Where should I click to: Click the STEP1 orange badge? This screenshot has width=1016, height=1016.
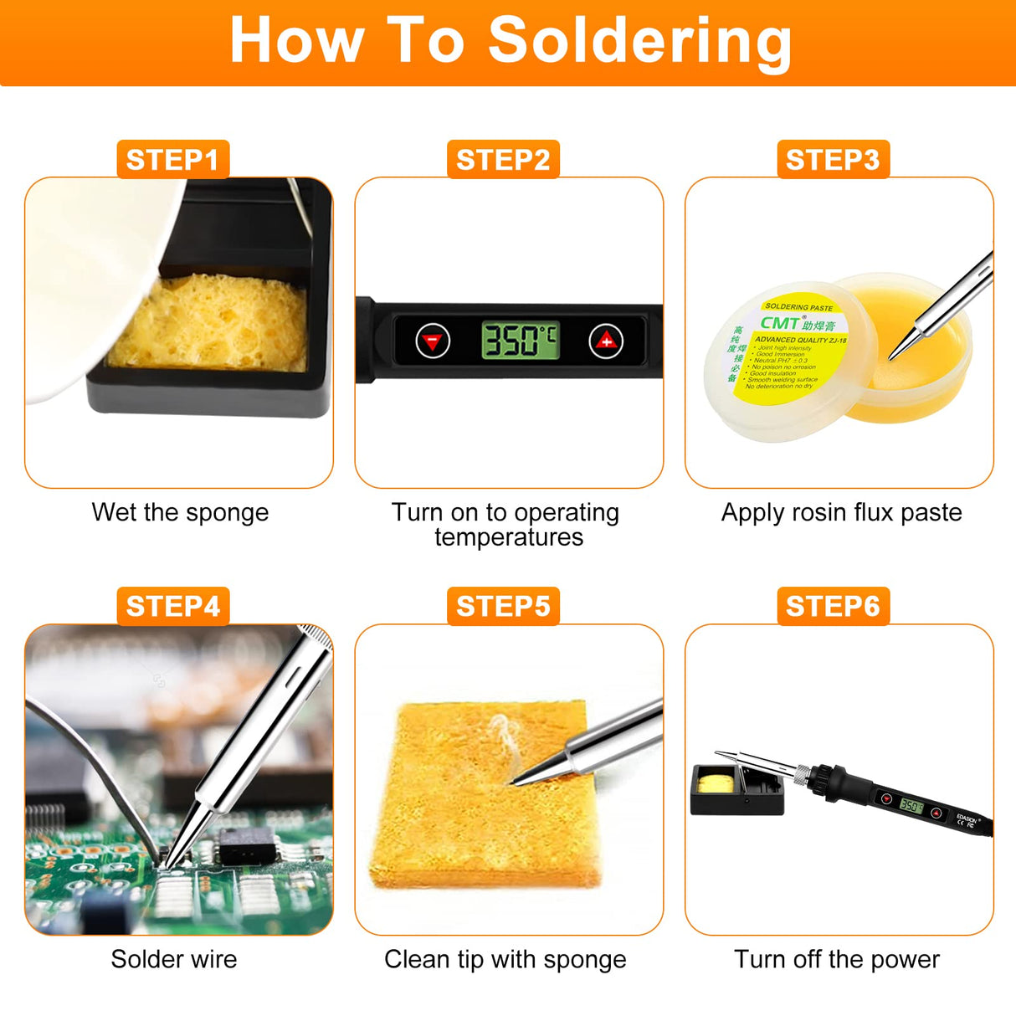pyautogui.click(x=172, y=159)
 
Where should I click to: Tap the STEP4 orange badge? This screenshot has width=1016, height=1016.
pyautogui.click(x=172, y=606)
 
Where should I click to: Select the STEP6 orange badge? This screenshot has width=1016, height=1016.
pyautogui.click(x=833, y=606)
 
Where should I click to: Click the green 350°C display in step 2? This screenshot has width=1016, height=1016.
pyautogui.click(x=519, y=341)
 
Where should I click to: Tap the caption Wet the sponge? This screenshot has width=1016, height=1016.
pyautogui.click(x=180, y=512)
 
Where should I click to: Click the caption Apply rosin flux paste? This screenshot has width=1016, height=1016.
pyautogui.click(x=841, y=512)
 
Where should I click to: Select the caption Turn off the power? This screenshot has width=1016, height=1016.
pyautogui.click(x=837, y=959)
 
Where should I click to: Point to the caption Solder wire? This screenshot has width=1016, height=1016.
pyautogui.click(x=174, y=959)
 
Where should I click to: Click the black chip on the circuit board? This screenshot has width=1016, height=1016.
pyautogui.click(x=246, y=847)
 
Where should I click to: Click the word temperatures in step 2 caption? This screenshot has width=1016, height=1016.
pyautogui.click(x=509, y=537)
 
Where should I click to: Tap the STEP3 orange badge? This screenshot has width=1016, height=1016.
pyautogui.click(x=833, y=159)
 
